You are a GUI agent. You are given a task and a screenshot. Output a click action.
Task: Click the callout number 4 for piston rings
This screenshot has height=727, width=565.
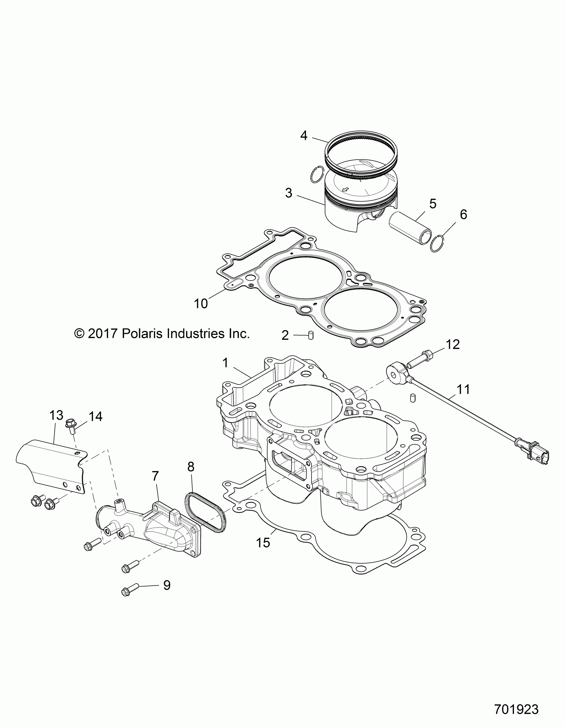click(303, 135)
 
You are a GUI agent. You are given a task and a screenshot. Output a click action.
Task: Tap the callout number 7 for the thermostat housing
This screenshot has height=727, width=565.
click(155, 476)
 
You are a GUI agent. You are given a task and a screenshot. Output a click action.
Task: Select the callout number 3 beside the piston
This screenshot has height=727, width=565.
click(289, 193)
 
